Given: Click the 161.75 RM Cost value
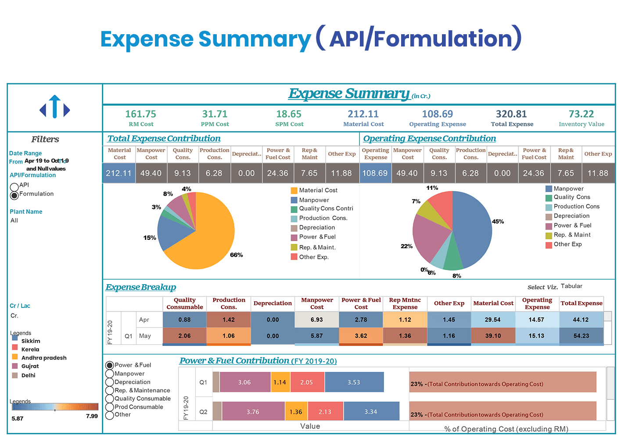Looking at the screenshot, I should (x=140, y=114).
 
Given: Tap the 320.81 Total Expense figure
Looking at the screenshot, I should (x=511, y=114).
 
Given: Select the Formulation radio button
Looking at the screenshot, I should (x=14, y=195).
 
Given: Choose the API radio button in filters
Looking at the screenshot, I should (x=14, y=187).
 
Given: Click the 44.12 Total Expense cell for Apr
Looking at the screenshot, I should (x=581, y=320).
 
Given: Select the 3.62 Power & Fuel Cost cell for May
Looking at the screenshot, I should (x=361, y=336).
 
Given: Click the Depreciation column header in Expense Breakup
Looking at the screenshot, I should (x=273, y=303).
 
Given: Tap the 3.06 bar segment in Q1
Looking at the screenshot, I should (x=244, y=382).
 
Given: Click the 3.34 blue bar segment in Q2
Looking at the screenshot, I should (x=371, y=412).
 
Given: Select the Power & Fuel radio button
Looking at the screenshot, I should (x=110, y=365).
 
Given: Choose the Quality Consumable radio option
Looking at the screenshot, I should (x=110, y=399).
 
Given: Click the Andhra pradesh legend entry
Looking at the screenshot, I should (x=44, y=358).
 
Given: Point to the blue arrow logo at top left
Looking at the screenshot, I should (x=55, y=107).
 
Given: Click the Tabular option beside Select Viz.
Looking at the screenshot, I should (x=571, y=286).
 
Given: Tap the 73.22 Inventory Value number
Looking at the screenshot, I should (x=581, y=114).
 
